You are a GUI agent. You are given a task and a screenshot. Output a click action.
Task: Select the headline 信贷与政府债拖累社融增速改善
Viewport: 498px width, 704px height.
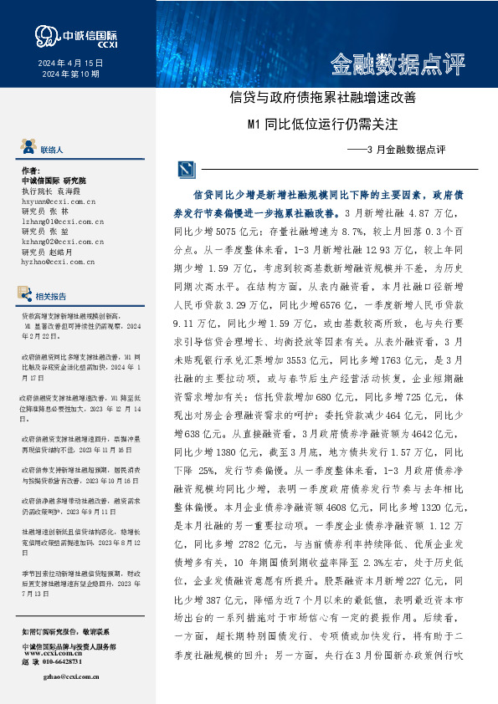[323, 98]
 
